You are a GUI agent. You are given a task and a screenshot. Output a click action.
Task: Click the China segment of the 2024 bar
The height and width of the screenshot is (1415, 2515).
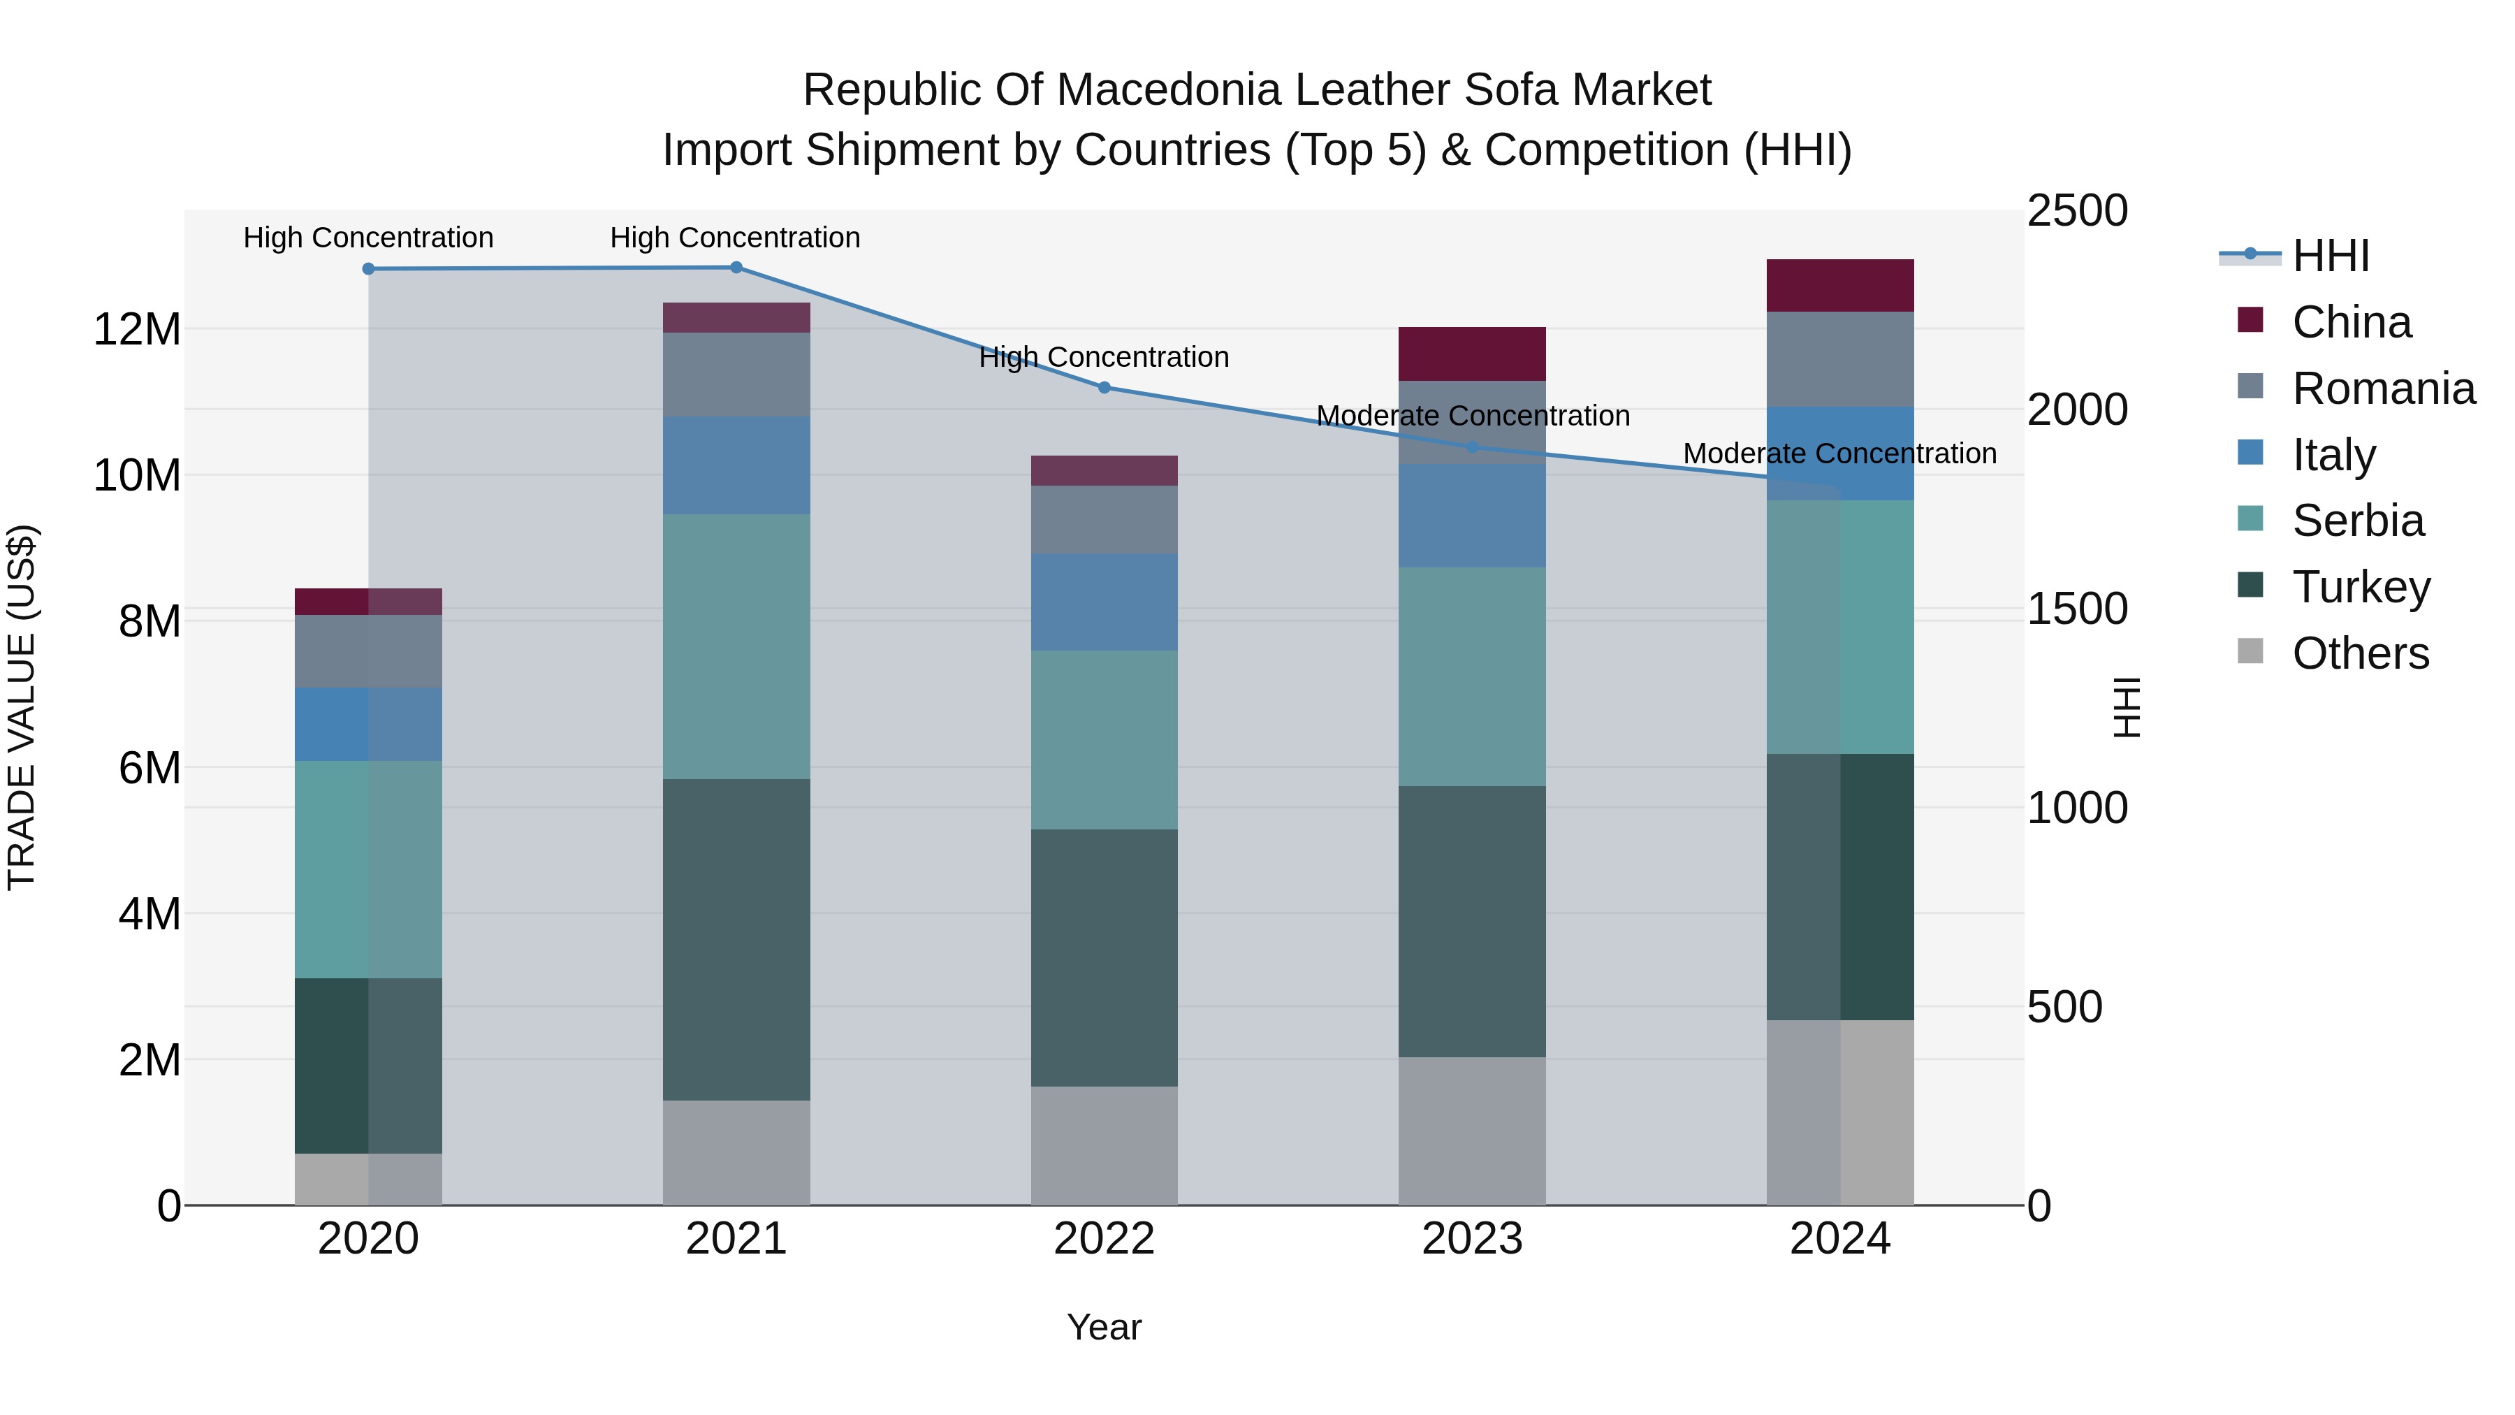pyautogui.click(x=1839, y=285)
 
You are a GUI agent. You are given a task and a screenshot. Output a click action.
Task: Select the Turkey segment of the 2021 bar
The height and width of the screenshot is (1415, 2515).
pyautogui.click(x=736, y=938)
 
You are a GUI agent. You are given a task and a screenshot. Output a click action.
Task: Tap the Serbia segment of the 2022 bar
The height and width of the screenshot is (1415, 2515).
pyautogui.click(x=1105, y=739)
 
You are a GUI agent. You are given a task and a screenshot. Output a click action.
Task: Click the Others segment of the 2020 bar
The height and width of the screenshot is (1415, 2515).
pyautogui.click(x=368, y=1179)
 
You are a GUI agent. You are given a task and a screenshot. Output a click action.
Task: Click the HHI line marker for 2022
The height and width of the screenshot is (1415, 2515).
pyautogui.click(x=1105, y=388)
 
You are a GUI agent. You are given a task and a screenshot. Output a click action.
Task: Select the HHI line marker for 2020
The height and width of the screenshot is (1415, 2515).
pyautogui.click(x=368, y=268)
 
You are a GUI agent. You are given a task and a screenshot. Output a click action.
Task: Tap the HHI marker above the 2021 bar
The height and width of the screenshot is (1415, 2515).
pyautogui.click(x=736, y=268)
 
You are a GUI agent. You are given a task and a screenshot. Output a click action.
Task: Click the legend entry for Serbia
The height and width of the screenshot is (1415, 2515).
pyautogui.click(x=2357, y=521)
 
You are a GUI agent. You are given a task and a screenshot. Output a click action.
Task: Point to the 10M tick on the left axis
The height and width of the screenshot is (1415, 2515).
pyautogui.click(x=137, y=476)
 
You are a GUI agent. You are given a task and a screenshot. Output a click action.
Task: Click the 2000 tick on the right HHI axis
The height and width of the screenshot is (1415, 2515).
pyautogui.click(x=2077, y=409)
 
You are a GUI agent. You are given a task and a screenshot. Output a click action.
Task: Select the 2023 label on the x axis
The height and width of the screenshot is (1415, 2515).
pyautogui.click(x=1471, y=1239)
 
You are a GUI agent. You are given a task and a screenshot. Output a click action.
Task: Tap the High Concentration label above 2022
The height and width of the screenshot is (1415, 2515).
pyautogui.click(x=1105, y=356)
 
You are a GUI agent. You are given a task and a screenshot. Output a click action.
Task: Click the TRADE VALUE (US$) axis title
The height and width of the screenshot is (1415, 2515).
pyautogui.click(x=22, y=707)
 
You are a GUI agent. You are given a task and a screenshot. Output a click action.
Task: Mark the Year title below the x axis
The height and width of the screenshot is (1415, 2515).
pyautogui.click(x=1105, y=1327)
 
